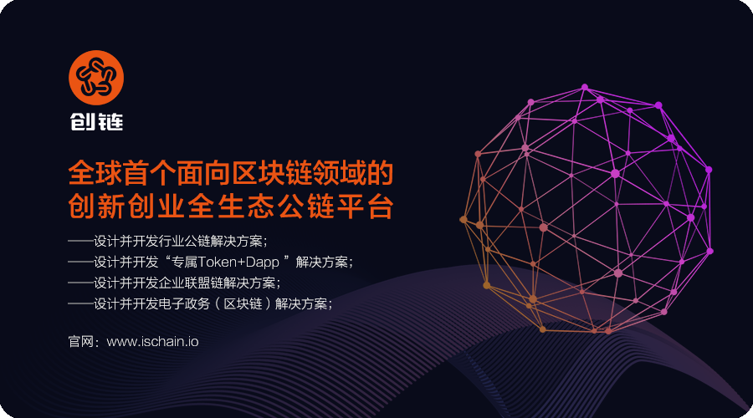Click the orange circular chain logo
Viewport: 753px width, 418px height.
pyautogui.click(x=96, y=78)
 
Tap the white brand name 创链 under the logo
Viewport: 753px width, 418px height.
pyautogui.click(x=96, y=122)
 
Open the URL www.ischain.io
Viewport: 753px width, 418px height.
pyautogui.click(x=152, y=342)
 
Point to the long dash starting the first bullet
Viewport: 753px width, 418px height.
pyautogui.click(x=80, y=241)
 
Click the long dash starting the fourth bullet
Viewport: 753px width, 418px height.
pyautogui.click(x=80, y=303)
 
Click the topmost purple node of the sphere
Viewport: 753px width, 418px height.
pyautogui.click(x=585, y=87)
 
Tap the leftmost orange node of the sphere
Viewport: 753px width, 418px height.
pyautogui.click(x=464, y=219)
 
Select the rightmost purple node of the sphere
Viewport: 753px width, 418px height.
pyautogui.click(x=709, y=251)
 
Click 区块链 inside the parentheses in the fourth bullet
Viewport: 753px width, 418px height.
pyautogui.click(x=243, y=303)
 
